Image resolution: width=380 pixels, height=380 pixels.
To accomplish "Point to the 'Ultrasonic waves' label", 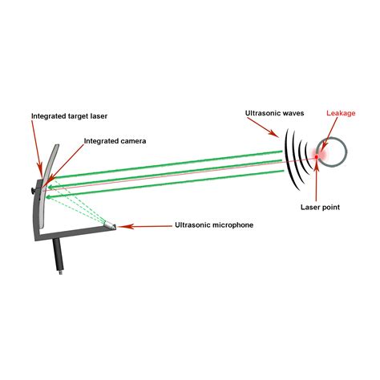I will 274,115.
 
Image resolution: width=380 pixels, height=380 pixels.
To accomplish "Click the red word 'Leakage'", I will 341,114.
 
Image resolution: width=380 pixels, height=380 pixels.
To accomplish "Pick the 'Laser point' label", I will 320,208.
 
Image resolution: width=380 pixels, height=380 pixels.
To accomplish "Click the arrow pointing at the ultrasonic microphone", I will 144,227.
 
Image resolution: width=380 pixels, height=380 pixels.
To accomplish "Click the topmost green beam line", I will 160,165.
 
